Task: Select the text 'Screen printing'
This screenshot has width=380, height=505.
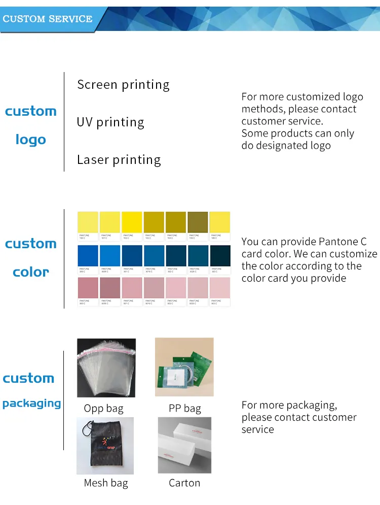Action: tap(123, 85)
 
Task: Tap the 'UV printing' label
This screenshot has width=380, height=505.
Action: tap(110, 122)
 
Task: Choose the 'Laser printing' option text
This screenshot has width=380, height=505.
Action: tap(119, 160)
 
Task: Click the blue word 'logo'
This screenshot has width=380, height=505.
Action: tap(30, 140)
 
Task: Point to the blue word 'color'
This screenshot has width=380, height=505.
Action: tap(30, 272)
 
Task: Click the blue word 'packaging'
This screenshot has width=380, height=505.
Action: tap(31, 403)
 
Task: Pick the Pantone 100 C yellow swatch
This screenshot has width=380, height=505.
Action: tap(88, 222)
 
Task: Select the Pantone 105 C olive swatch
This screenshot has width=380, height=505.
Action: tap(198, 222)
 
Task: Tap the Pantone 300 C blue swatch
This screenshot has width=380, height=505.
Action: tap(88, 256)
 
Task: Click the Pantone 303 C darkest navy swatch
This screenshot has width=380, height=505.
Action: tap(220, 256)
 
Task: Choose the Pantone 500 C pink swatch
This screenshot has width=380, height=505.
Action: tap(88, 288)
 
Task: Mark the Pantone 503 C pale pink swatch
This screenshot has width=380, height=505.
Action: tap(220, 288)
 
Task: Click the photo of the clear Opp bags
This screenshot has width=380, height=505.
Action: tap(106, 367)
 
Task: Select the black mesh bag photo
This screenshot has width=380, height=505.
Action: tap(105, 446)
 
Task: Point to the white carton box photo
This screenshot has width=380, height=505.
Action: tap(184, 445)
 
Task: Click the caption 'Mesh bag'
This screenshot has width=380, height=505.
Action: tap(106, 483)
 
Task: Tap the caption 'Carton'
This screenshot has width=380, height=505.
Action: tap(184, 483)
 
